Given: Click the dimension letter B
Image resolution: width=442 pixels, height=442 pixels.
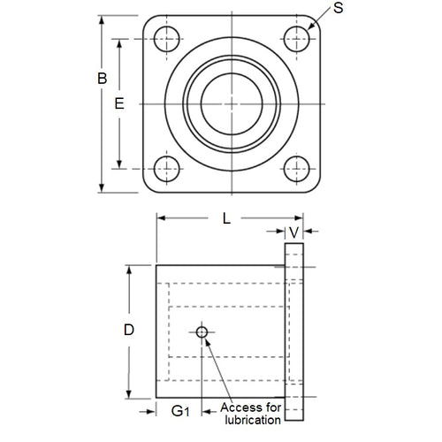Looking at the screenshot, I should coord(102,79).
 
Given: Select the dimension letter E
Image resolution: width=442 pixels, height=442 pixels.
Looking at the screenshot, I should coord(119,103).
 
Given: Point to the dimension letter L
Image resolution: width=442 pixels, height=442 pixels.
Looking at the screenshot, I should coord(226,220).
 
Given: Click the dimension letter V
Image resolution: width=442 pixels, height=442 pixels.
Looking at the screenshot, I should coord(293,232).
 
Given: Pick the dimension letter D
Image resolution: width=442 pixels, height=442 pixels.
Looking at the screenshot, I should coord(128,331).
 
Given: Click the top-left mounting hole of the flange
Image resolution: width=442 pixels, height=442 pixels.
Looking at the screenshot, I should coord(165,38).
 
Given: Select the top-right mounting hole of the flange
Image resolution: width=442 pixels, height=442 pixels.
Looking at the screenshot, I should coord(295,38).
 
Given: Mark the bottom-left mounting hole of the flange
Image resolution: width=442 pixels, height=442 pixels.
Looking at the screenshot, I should coord(165,168).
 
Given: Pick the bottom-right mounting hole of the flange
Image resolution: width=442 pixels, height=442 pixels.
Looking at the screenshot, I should coord(295,168).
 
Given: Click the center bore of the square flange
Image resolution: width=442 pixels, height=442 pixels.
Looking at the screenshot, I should coord(230,103).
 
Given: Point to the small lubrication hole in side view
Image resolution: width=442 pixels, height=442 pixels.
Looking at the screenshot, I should coord(202,332).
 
